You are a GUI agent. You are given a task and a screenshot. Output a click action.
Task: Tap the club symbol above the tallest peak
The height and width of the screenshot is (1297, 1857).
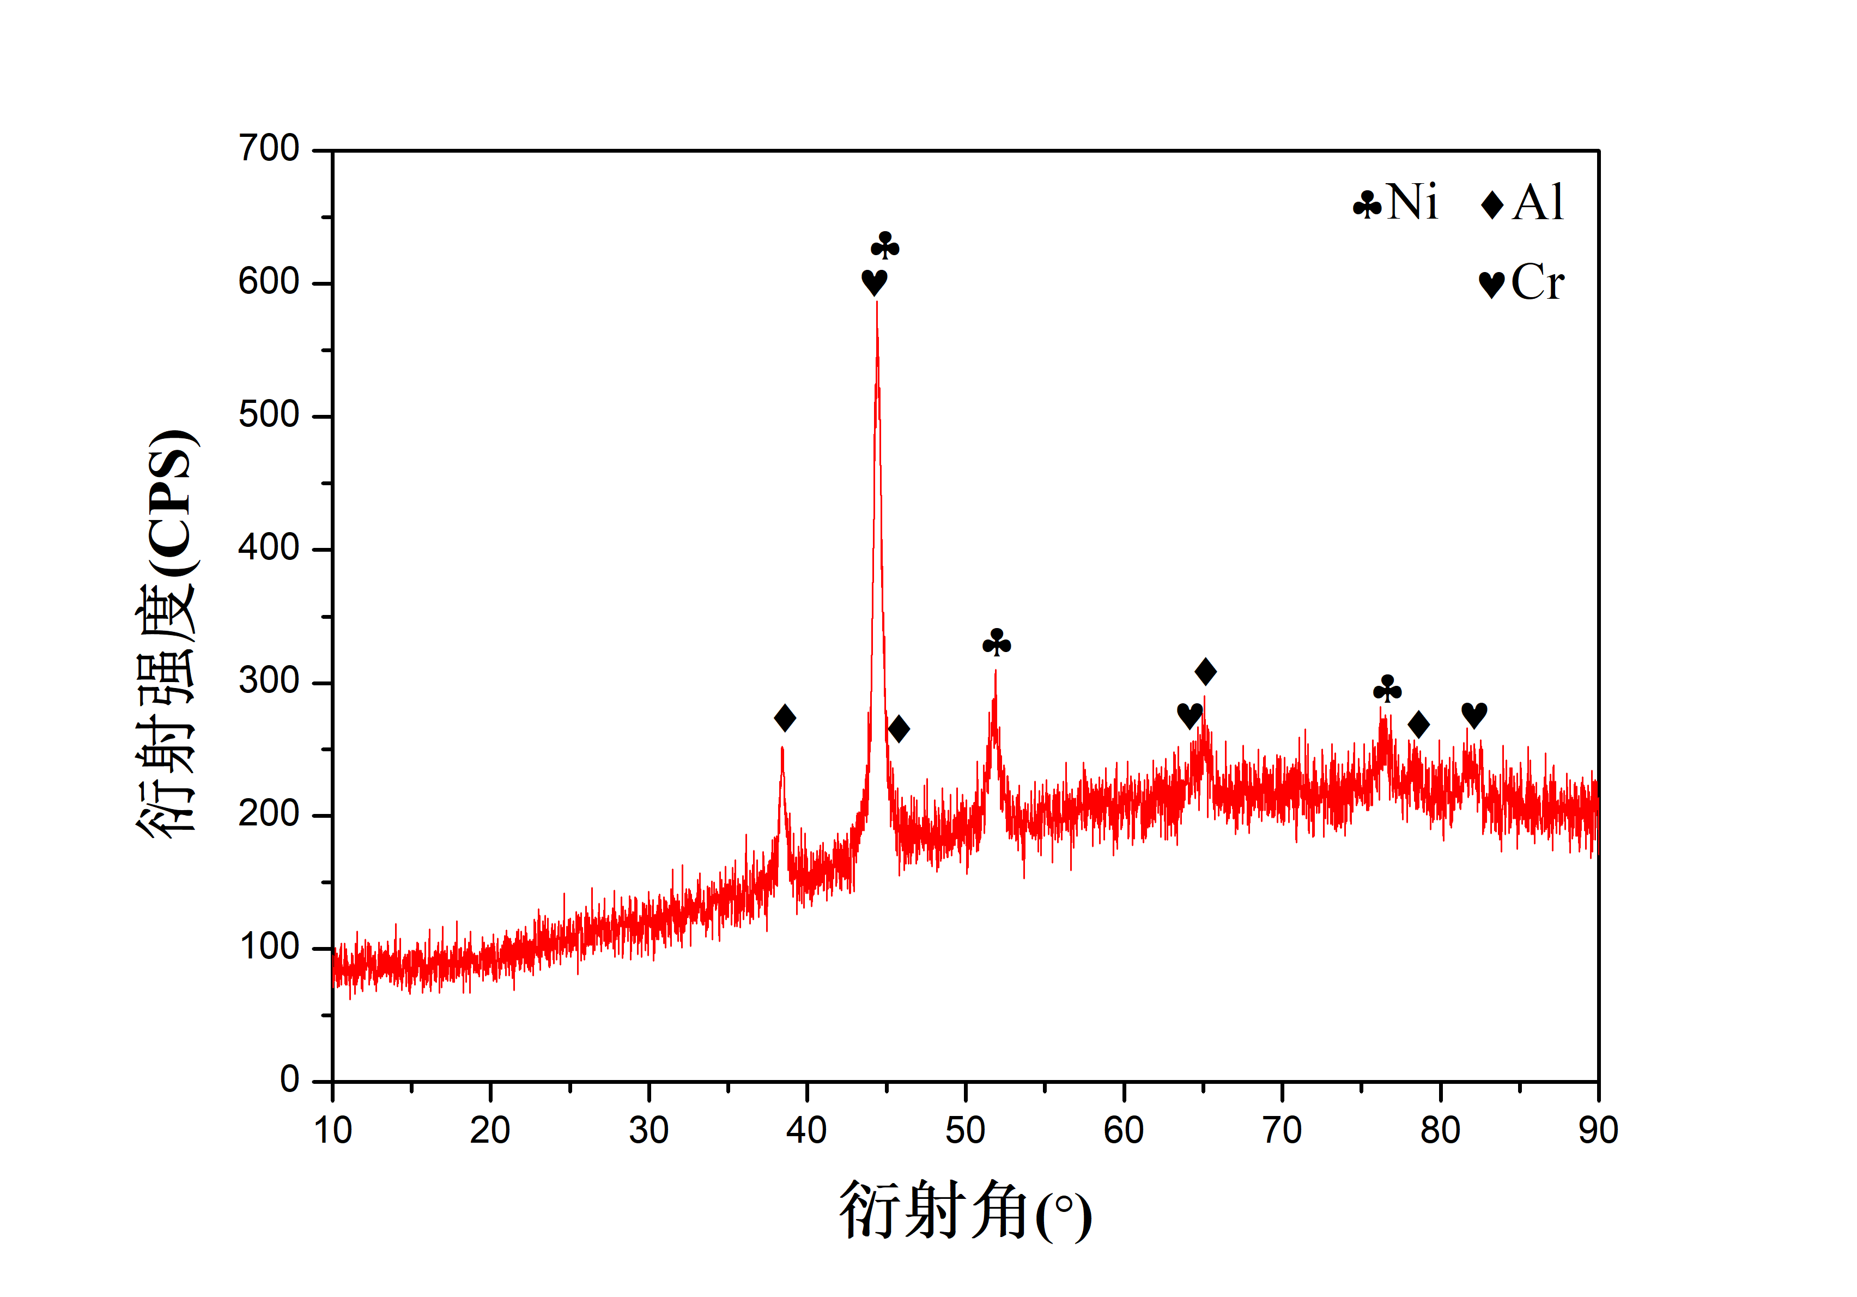tap(885, 246)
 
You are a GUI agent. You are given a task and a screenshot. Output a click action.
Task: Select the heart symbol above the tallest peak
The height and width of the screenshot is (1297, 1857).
tap(875, 282)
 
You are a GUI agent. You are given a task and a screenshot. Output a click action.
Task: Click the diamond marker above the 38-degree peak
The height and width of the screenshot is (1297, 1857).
tap(785, 717)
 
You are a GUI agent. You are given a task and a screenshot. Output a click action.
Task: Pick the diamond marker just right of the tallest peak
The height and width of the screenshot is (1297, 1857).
tap(899, 728)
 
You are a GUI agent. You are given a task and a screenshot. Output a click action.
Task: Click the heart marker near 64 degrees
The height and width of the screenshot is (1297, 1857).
tap(1190, 715)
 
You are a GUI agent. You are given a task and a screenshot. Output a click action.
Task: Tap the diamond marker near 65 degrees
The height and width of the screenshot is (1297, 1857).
tap(1206, 671)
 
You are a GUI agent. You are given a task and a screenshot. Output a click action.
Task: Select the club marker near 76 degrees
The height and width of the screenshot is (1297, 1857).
tap(1387, 689)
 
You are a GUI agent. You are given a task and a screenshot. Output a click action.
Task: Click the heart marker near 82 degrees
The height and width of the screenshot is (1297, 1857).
tap(1474, 714)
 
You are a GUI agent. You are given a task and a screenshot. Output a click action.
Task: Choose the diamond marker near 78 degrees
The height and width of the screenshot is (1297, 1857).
tap(1418, 724)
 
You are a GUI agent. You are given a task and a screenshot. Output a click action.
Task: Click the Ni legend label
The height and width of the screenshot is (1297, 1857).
tap(1412, 202)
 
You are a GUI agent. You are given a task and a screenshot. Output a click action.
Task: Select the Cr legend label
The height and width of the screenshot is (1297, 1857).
tap(1537, 282)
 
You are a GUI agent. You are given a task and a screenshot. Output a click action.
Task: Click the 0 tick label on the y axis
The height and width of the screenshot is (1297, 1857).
tap(289, 1079)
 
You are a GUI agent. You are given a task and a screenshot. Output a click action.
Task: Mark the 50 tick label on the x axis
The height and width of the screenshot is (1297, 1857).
tap(965, 1130)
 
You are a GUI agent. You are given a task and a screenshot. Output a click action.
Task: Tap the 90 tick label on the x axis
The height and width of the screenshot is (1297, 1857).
tap(1598, 1130)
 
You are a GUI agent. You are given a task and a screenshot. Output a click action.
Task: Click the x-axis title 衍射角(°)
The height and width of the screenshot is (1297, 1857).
tap(965, 1210)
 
